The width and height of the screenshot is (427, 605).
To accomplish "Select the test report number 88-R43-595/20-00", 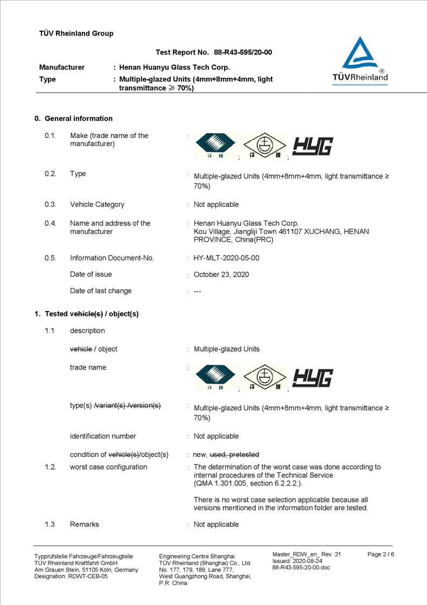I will tap(243, 52).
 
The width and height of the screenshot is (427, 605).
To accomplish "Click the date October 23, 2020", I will tap(221, 274).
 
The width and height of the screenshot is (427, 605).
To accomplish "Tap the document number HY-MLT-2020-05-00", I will tap(226, 258).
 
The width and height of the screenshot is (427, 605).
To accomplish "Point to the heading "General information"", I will tap(79, 119).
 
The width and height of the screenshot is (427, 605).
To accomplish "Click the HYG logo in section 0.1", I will tap(312, 146).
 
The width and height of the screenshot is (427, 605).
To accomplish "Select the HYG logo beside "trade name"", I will tap(312, 378).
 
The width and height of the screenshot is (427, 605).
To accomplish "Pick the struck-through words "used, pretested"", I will tap(234, 455).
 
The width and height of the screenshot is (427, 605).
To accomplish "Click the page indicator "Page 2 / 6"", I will tap(381, 554).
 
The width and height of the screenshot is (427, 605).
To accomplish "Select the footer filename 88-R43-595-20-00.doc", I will tap(301, 567).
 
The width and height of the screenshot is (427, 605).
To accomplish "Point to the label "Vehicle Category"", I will tap(97, 204).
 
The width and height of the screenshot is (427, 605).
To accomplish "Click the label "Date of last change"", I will tap(101, 291).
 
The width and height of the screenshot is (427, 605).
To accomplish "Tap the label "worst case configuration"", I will tap(108, 467).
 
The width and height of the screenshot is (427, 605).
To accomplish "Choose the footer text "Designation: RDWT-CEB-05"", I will tap(71, 576).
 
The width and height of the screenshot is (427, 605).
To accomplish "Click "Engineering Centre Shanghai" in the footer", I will tap(197, 556).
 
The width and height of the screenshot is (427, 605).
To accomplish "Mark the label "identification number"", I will tap(103, 436).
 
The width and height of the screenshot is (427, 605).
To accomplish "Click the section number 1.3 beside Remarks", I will tap(50, 524).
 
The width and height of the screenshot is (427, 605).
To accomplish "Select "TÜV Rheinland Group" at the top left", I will tap(76, 33).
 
